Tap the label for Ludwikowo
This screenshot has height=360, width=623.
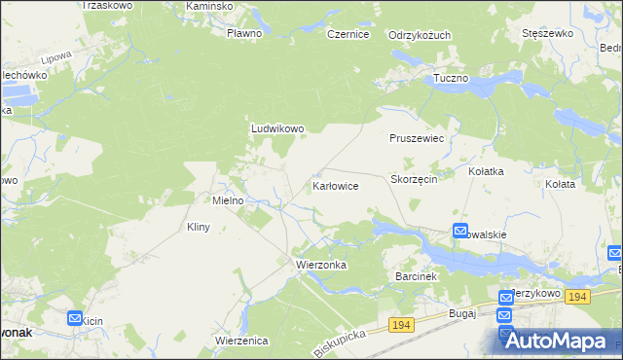click(278, 127)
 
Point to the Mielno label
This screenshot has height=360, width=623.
click(234, 200)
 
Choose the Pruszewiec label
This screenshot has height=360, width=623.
click(417, 139)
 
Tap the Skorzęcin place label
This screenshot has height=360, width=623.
click(419, 180)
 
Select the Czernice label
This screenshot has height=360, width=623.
click(348, 34)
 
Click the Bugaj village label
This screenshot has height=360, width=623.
click(461, 313)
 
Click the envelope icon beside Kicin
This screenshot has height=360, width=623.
click(75, 317)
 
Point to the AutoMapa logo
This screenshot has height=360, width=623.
click(560, 341)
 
